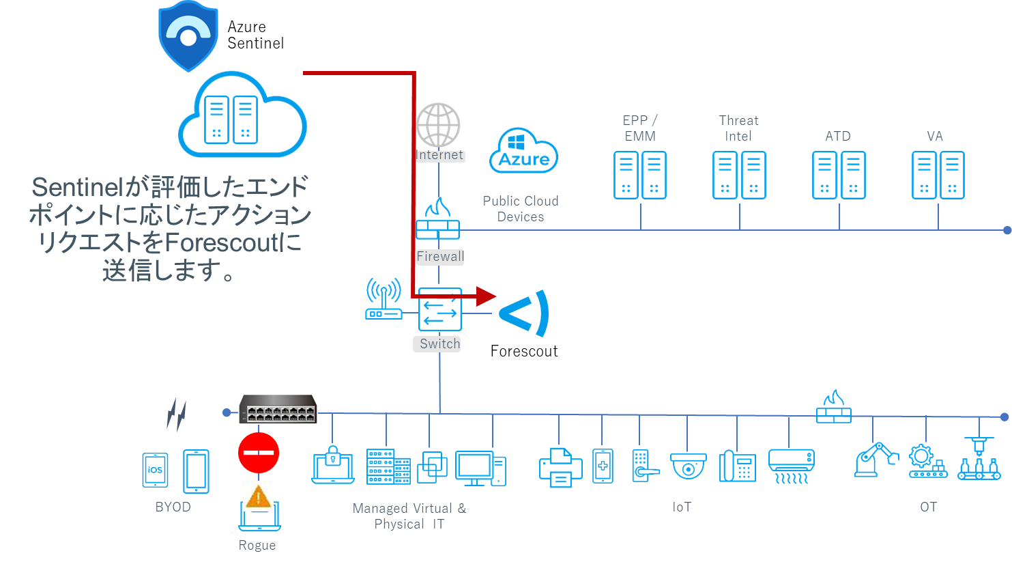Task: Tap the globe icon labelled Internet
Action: (x=439, y=125)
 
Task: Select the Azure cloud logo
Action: (x=524, y=152)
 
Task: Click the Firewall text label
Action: (x=440, y=257)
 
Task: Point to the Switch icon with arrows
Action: (x=440, y=311)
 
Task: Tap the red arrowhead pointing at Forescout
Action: (x=486, y=296)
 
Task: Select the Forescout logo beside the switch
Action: (x=524, y=313)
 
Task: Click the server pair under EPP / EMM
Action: (x=639, y=175)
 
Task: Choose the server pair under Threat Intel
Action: (x=739, y=175)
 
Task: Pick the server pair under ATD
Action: (x=839, y=175)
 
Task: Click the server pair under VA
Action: (x=938, y=175)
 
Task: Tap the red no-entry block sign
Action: (x=259, y=452)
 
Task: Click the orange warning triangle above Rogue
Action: (x=259, y=496)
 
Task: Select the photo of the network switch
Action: (x=278, y=409)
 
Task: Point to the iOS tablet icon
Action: (x=155, y=470)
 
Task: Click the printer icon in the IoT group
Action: (x=560, y=467)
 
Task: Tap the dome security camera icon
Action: (x=689, y=467)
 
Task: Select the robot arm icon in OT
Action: (x=876, y=459)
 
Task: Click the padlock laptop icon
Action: (x=333, y=465)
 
